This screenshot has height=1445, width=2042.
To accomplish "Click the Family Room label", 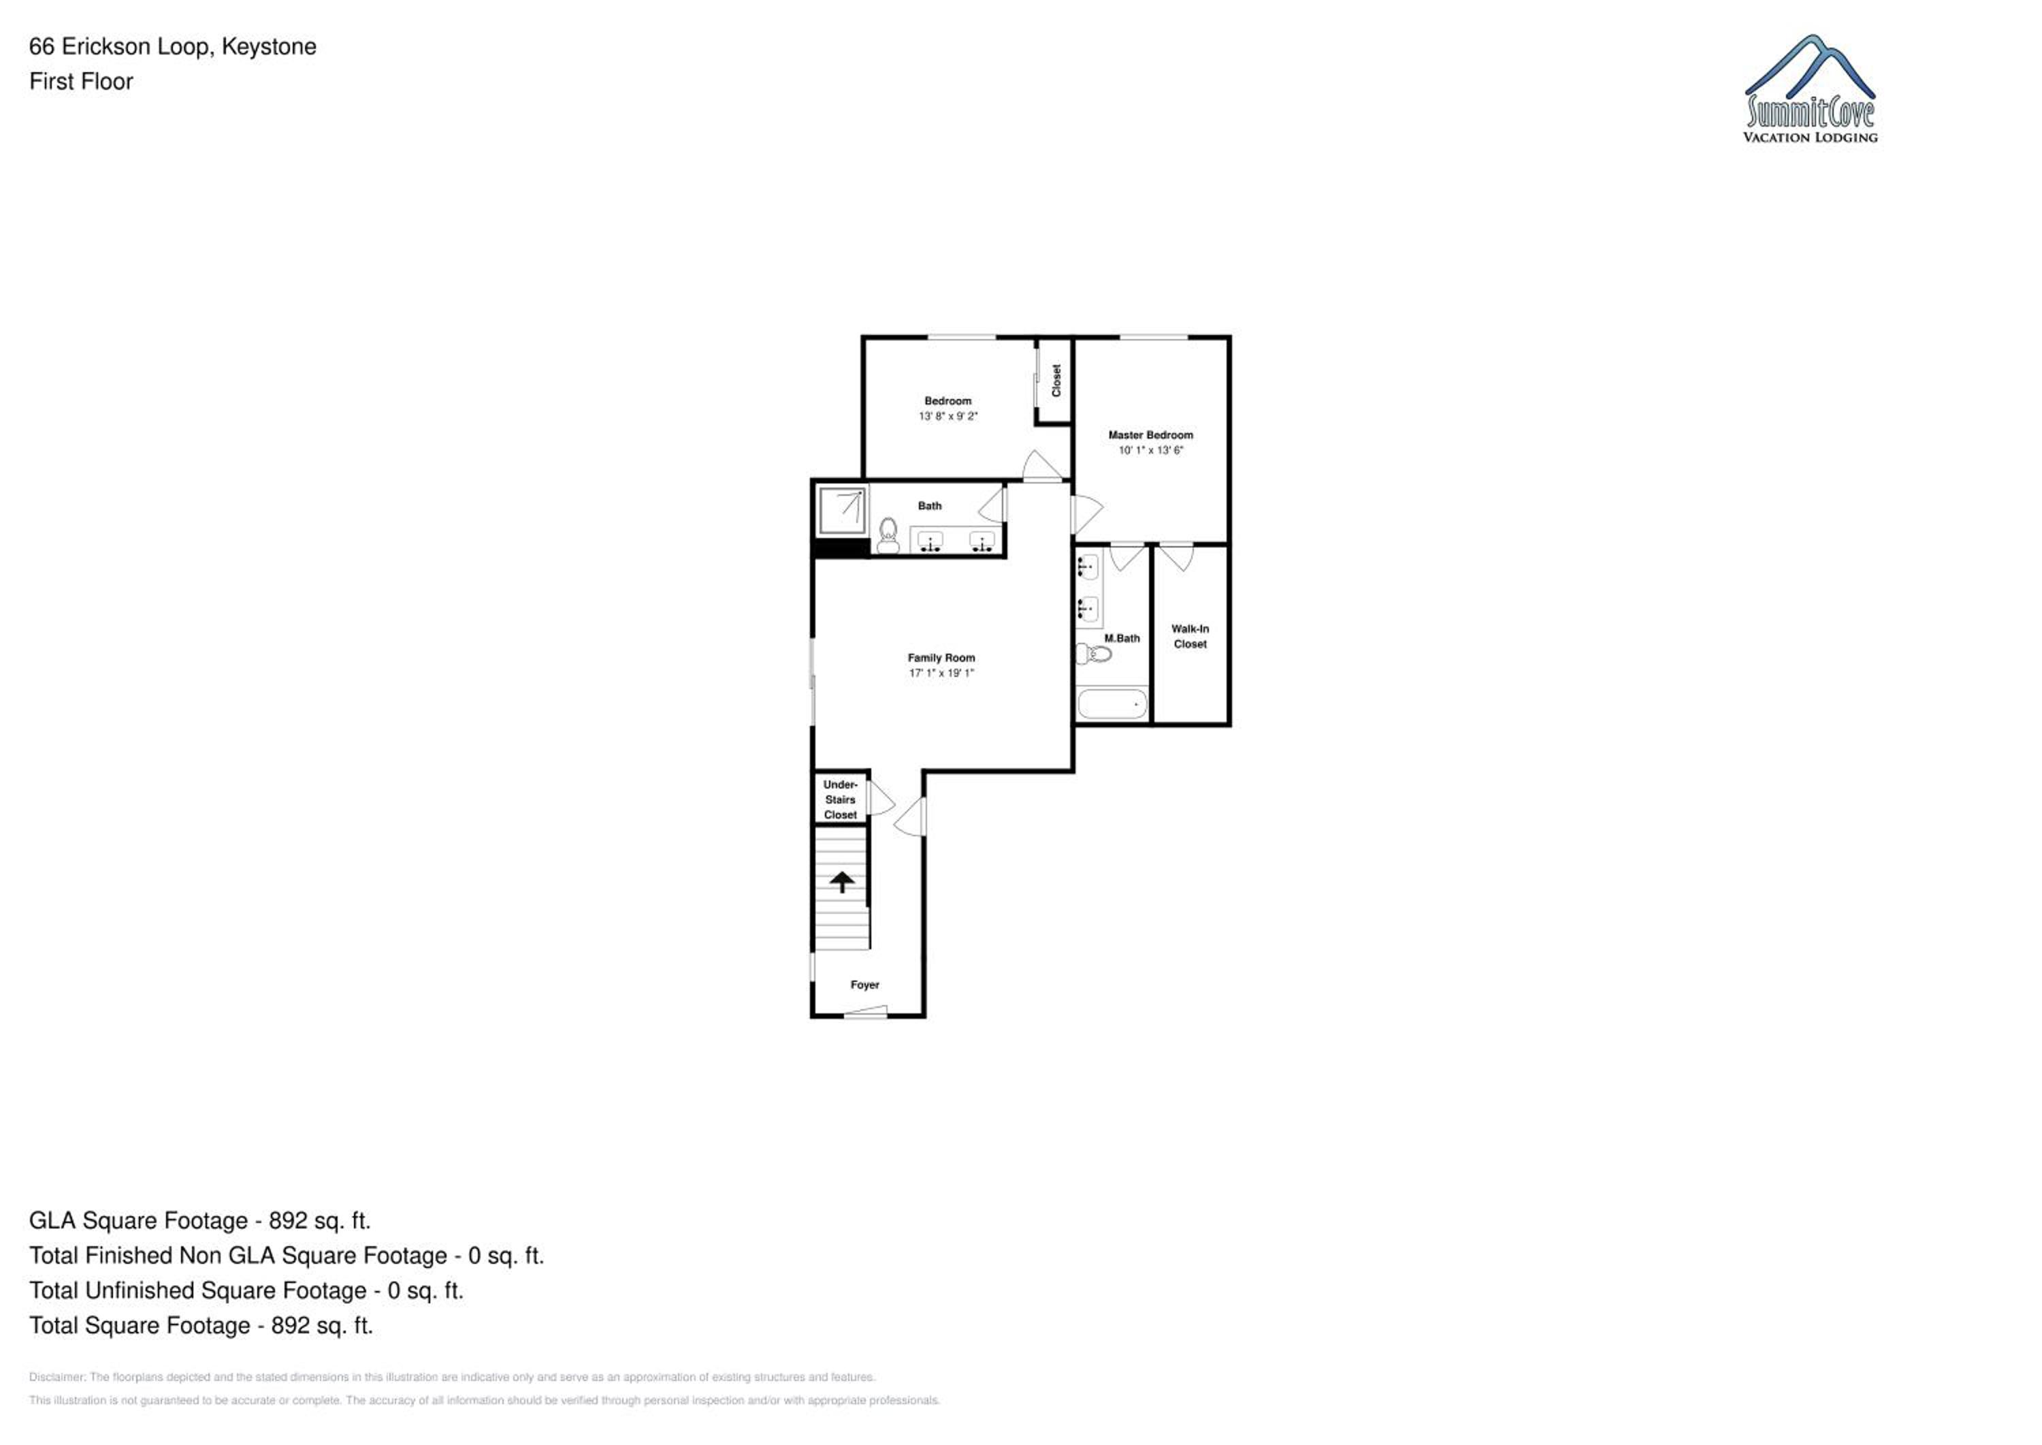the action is [941, 658].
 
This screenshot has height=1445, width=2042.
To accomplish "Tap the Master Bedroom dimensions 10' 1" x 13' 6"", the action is [1151, 450].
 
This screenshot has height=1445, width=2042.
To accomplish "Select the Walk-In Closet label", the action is [1190, 636].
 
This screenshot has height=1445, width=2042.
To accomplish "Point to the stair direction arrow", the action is [842, 881].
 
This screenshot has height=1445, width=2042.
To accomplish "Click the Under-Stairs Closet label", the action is [841, 799].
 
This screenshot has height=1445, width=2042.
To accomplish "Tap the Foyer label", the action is [864, 984].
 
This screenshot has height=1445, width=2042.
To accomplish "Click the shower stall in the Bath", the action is [841, 511].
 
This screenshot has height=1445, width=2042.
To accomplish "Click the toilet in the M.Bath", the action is [1094, 654].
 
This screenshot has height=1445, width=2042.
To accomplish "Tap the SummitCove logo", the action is [1810, 89].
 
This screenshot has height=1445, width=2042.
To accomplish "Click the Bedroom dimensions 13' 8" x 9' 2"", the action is [948, 415].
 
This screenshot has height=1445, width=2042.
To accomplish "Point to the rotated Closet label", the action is [1056, 380].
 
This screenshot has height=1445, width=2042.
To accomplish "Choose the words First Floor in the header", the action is [81, 81].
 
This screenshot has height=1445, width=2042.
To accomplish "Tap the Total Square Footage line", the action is [201, 1325].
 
